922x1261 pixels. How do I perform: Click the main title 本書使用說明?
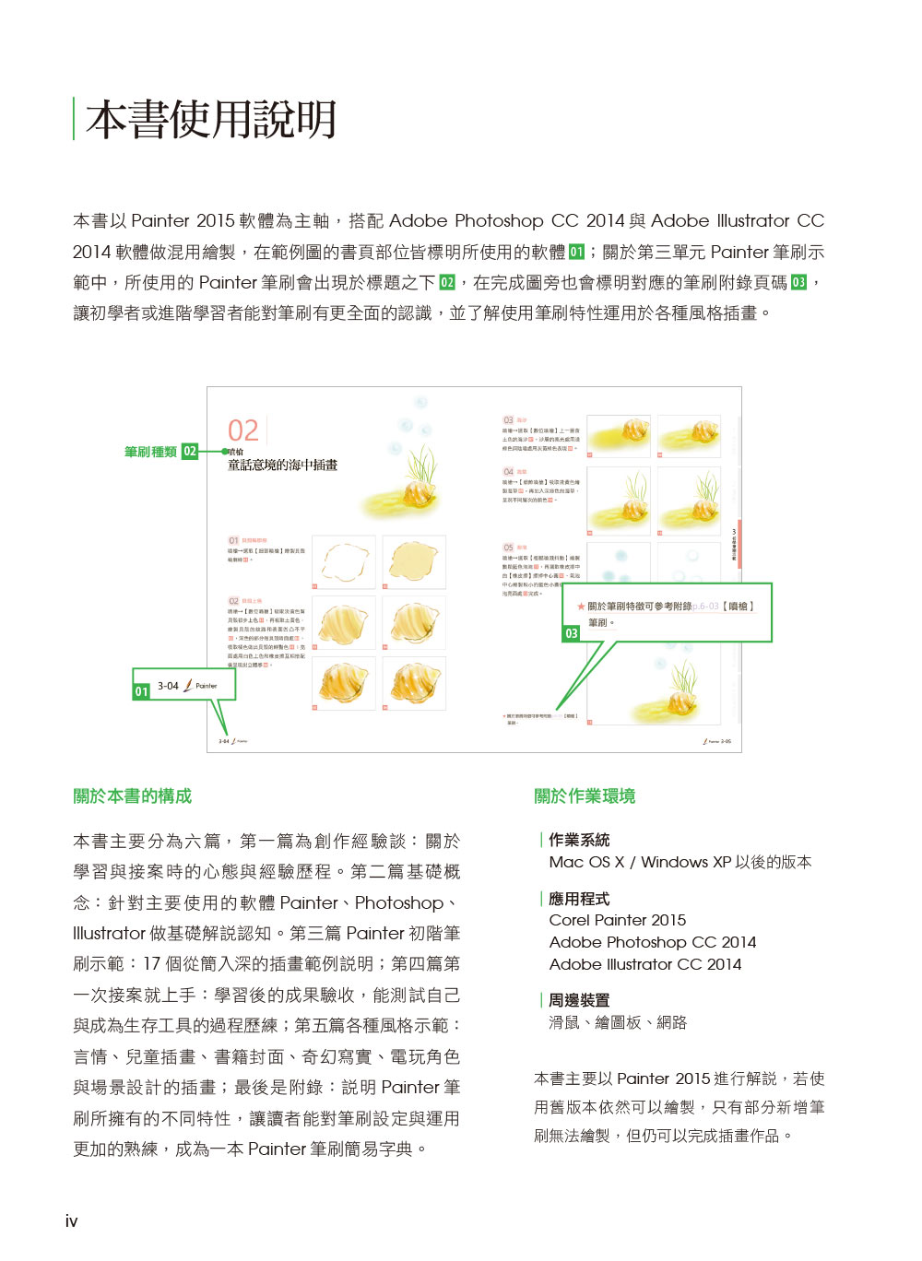pyautogui.click(x=211, y=120)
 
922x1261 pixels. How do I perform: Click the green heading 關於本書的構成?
pyautogui.click(x=133, y=796)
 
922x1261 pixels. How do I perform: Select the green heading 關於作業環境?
pyautogui.click(x=585, y=796)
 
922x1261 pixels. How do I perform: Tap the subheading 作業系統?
pyautogui.click(x=579, y=840)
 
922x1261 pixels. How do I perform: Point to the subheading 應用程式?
pyautogui.click(x=579, y=899)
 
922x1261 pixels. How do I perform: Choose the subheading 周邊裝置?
pyautogui.click(x=579, y=1000)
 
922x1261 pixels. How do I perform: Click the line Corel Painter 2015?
pyautogui.click(x=618, y=920)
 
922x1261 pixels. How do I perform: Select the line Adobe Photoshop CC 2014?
pyautogui.click(x=653, y=942)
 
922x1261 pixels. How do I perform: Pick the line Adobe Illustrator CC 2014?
pyautogui.click(x=645, y=964)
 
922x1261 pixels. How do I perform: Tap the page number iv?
pyautogui.click(x=71, y=1221)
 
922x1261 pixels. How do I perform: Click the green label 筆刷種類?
pyautogui.click(x=150, y=452)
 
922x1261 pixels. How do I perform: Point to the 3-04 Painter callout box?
pyautogui.click(x=184, y=686)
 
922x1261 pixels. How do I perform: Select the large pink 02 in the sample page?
pyautogui.click(x=243, y=430)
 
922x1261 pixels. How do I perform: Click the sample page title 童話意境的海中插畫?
pyautogui.click(x=282, y=466)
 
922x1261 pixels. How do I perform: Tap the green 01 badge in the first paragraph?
pyautogui.click(x=576, y=252)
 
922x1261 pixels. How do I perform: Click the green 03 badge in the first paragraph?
pyautogui.click(x=798, y=282)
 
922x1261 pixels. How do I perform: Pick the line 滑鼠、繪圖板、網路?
pyautogui.click(x=618, y=1022)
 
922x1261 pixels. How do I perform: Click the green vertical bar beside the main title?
pyautogui.click(x=74, y=119)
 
